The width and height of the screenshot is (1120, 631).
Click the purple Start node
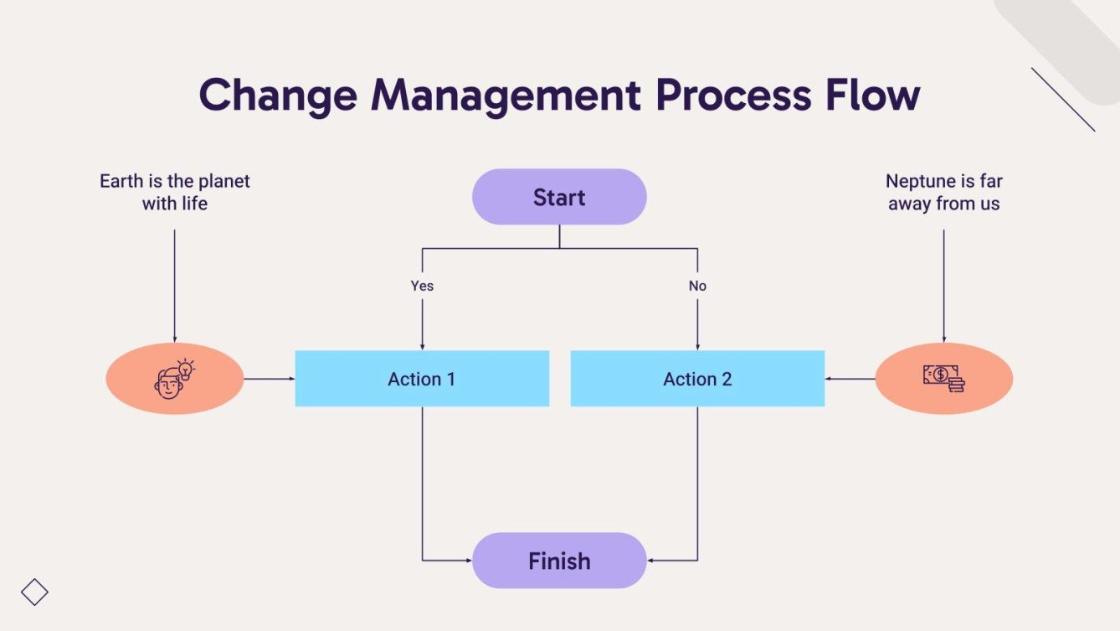[x=559, y=197]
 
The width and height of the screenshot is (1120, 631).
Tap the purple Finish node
[x=559, y=561]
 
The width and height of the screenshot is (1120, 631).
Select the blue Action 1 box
[x=422, y=379]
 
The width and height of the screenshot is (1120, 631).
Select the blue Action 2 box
[x=697, y=379]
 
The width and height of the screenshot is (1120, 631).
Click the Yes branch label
[x=422, y=286]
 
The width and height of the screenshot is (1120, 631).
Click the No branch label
[x=697, y=286]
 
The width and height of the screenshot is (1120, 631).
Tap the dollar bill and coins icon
[x=944, y=379]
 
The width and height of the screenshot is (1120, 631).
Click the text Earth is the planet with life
[x=174, y=192]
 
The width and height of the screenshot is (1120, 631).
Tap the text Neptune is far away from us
[x=944, y=192]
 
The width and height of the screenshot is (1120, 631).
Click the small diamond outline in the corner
[x=34, y=592]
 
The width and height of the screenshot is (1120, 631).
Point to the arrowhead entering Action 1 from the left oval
[x=292, y=379]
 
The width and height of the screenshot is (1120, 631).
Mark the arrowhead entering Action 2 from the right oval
[x=828, y=379]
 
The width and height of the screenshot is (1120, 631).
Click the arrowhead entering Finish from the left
[x=469, y=561]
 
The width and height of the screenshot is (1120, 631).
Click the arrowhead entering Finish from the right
[x=650, y=561]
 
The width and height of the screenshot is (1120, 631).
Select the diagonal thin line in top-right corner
[x=1063, y=100]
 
